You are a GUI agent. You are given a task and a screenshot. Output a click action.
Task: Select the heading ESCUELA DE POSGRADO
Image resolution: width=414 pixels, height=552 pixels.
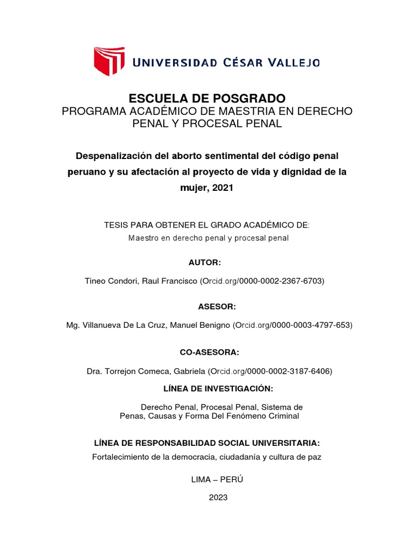207,98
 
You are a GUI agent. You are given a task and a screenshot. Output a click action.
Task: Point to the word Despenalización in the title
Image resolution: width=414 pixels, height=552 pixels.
111,155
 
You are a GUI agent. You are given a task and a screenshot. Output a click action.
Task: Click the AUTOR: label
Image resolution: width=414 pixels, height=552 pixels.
204,262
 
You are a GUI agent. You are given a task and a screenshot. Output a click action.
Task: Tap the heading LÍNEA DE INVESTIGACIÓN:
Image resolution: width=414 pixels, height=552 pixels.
218,389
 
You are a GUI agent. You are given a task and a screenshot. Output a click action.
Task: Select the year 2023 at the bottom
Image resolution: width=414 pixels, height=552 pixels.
218,498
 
